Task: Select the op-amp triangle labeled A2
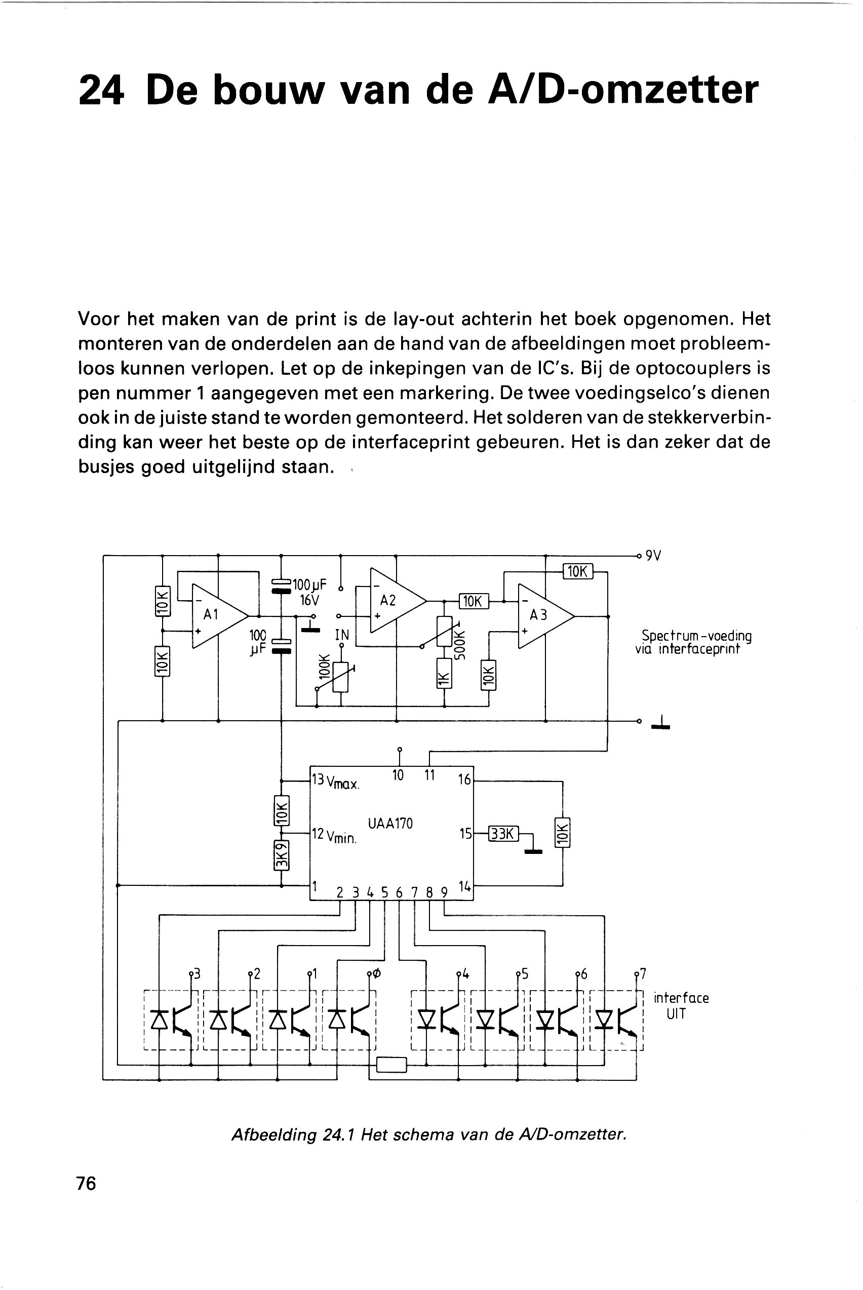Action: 398,600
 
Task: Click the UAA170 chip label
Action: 390,824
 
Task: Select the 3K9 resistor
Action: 281,856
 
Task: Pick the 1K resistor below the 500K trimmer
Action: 444,674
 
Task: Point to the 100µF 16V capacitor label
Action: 309,592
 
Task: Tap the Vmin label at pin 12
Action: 342,837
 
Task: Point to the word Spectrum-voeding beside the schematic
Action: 697,636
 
